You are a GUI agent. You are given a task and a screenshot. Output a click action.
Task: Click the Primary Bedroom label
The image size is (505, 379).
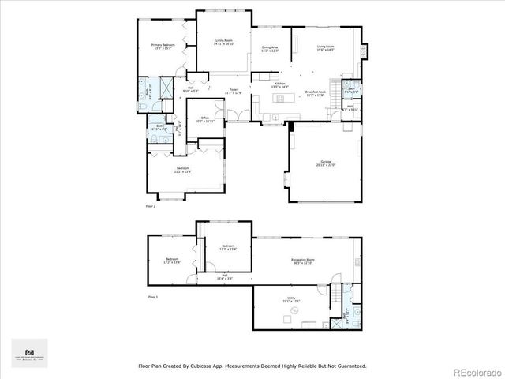(163, 47)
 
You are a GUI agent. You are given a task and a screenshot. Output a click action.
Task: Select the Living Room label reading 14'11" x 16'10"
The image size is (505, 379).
(223, 42)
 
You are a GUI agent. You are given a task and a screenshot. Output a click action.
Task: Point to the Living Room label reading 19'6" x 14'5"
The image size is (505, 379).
(325, 49)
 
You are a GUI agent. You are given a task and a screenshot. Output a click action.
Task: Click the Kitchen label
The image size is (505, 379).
(279, 84)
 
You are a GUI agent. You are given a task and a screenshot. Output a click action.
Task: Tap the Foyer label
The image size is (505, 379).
(234, 91)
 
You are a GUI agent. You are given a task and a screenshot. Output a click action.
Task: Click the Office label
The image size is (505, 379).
(204, 119)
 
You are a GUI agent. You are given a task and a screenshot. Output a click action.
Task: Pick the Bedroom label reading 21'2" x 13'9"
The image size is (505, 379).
(183, 170)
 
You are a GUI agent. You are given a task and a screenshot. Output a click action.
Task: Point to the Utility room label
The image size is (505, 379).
(292, 299)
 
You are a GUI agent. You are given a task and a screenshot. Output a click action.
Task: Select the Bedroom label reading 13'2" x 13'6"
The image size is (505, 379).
(172, 261)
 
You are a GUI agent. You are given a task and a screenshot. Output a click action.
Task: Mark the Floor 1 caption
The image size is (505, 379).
(152, 297)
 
